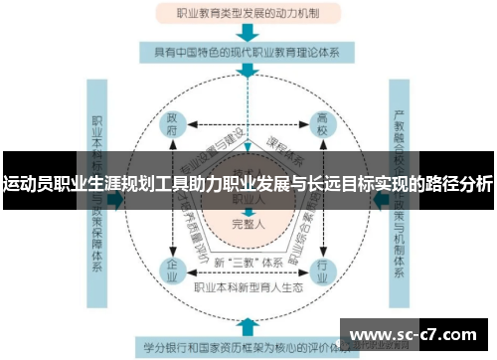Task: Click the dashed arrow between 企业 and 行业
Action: click(x=247, y=276)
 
